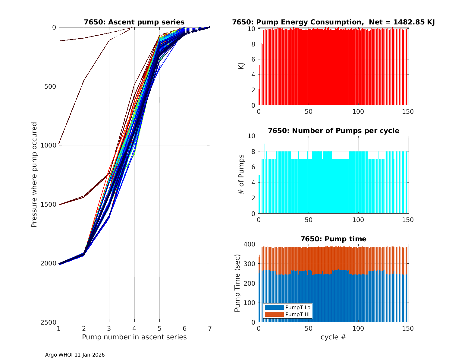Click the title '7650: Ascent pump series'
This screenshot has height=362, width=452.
134,22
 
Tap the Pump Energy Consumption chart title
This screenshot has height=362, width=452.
333,22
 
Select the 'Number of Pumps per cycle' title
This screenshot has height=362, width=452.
333,131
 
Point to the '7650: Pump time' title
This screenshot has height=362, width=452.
333,239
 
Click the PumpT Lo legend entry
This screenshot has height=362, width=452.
287,307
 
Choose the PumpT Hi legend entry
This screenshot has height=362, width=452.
287,314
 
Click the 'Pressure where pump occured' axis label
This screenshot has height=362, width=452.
34,174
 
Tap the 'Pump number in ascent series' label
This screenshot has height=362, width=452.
134,337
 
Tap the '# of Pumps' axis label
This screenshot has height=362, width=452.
241,174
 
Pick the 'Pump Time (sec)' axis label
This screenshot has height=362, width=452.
237,283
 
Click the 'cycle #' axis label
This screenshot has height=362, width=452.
333,337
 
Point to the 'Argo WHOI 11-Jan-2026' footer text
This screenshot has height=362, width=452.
75,355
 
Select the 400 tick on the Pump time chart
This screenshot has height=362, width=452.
251,244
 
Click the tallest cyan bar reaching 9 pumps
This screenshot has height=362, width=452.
265,178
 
